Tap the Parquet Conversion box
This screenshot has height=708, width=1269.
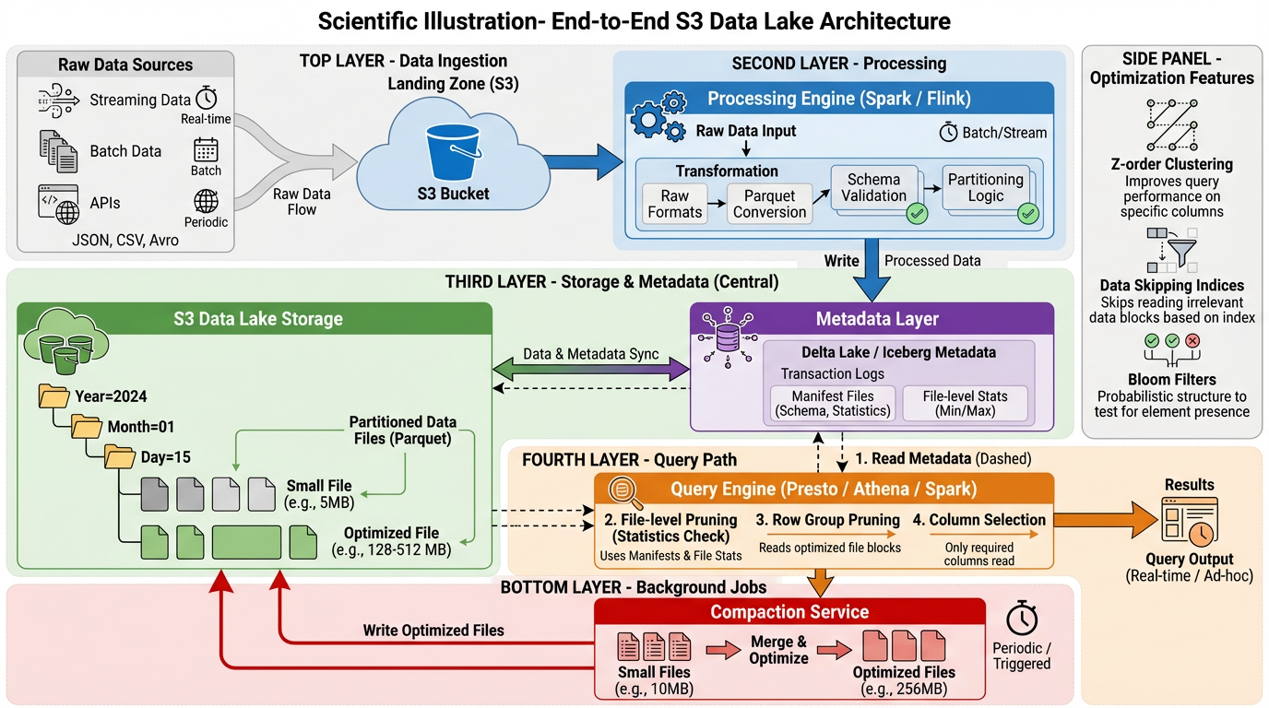769,204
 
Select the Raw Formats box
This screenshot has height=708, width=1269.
674,204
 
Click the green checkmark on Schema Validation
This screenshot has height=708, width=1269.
917,214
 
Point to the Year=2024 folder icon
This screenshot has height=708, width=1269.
54,397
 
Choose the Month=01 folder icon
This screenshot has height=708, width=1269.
87,427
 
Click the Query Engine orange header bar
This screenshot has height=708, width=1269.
823,489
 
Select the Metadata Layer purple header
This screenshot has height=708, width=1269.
876,319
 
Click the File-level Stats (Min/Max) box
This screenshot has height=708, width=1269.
965,403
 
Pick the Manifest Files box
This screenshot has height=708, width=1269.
833,403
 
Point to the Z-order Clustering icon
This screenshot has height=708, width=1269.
1171,125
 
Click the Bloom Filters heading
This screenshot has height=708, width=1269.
1171,379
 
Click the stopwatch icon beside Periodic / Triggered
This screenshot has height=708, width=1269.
1022,617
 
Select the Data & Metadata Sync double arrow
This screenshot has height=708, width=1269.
591,370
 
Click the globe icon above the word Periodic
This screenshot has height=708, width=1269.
206,201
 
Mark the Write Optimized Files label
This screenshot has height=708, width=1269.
433,631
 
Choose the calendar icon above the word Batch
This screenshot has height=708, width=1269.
206,149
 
